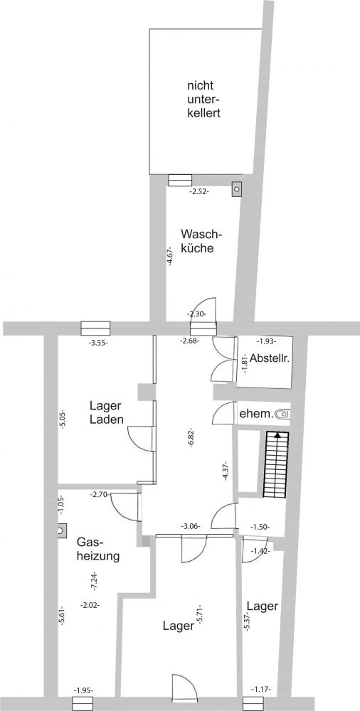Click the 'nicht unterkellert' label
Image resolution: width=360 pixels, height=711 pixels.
point(203,99)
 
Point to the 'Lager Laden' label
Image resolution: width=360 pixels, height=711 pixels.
point(107,412)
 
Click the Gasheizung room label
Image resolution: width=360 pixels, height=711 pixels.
point(98,549)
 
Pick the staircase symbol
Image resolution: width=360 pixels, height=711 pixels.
point(276,464)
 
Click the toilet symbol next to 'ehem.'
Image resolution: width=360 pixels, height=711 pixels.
point(284,414)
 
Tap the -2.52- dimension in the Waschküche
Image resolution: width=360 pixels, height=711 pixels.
point(198,192)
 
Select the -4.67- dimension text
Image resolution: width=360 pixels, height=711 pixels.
point(170,256)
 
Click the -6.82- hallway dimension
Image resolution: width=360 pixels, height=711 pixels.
point(191,437)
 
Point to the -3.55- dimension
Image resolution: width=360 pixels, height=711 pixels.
point(98,343)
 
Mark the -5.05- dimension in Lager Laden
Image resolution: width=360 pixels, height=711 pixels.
point(62,420)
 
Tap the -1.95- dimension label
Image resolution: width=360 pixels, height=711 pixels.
point(83,690)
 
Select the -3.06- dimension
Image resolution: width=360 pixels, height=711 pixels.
point(191,526)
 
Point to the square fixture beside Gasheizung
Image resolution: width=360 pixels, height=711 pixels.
point(61,530)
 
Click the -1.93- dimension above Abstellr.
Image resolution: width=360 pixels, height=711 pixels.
point(267,341)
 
